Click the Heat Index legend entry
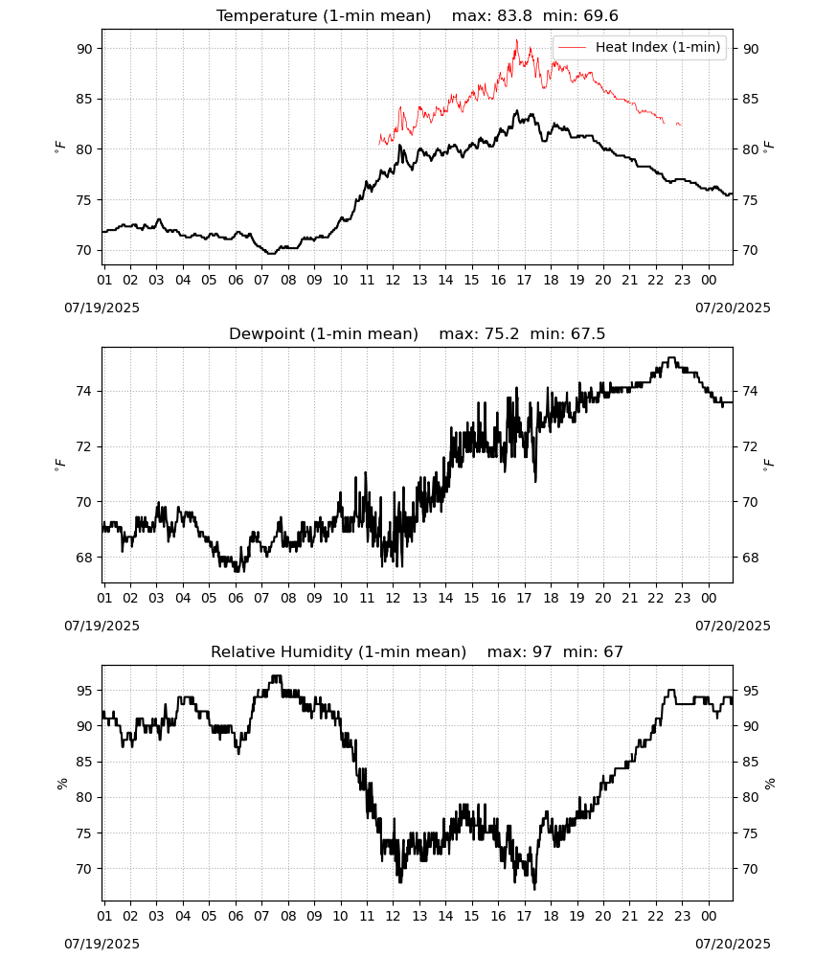click(x=640, y=47)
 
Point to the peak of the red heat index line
click(x=516, y=40)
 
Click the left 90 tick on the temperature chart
click(x=84, y=49)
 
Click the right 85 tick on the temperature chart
click(x=751, y=99)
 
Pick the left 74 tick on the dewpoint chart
click(x=84, y=391)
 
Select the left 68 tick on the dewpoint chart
click(x=84, y=558)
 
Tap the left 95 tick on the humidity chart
click(x=84, y=691)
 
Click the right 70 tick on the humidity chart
click(x=751, y=869)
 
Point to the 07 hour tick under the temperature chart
click(x=261, y=280)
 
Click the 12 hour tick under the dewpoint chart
click(x=393, y=598)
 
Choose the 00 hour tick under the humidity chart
click(x=709, y=917)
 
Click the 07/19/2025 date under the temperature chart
click(x=102, y=308)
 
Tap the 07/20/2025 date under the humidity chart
click(x=733, y=944)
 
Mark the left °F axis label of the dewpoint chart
click(x=59, y=466)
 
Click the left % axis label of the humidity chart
click(x=61, y=784)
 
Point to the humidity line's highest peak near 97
click(x=277, y=676)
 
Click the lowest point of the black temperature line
click(x=270, y=253)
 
